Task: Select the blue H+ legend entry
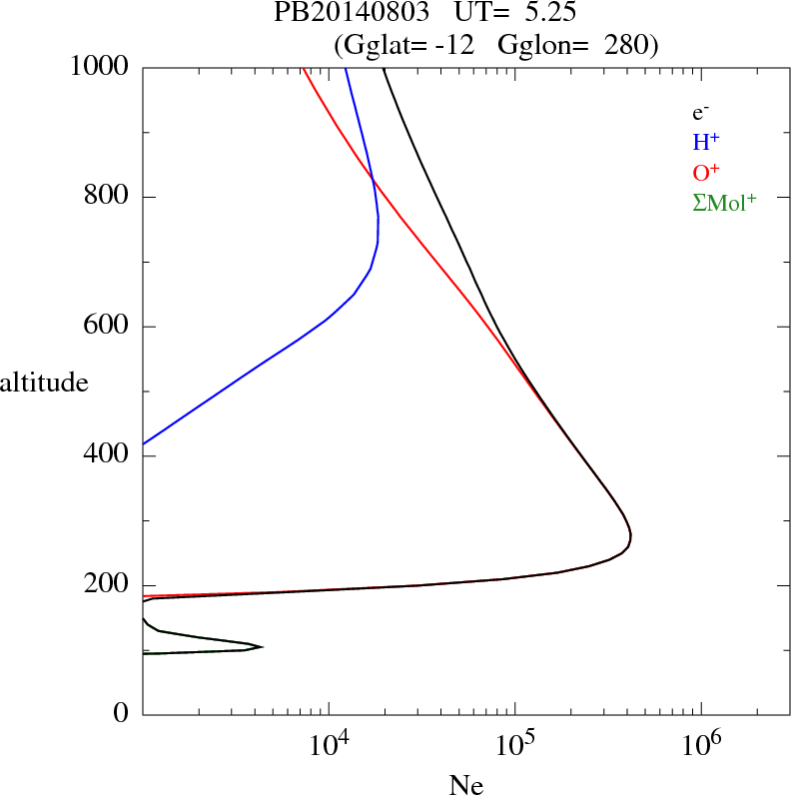coord(704,143)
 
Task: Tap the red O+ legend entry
coord(705,173)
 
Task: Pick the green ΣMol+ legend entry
coord(724,203)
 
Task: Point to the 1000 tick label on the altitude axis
coord(101,67)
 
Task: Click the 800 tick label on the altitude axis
coord(107,197)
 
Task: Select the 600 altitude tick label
coord(107,327)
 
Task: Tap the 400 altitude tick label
coord(107,456)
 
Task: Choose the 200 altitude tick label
coord(107,585)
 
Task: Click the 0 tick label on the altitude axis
coord(123,714)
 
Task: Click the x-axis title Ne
coord(465,786)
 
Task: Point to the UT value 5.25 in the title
coord(546,13)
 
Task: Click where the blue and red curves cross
coord(373,180)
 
